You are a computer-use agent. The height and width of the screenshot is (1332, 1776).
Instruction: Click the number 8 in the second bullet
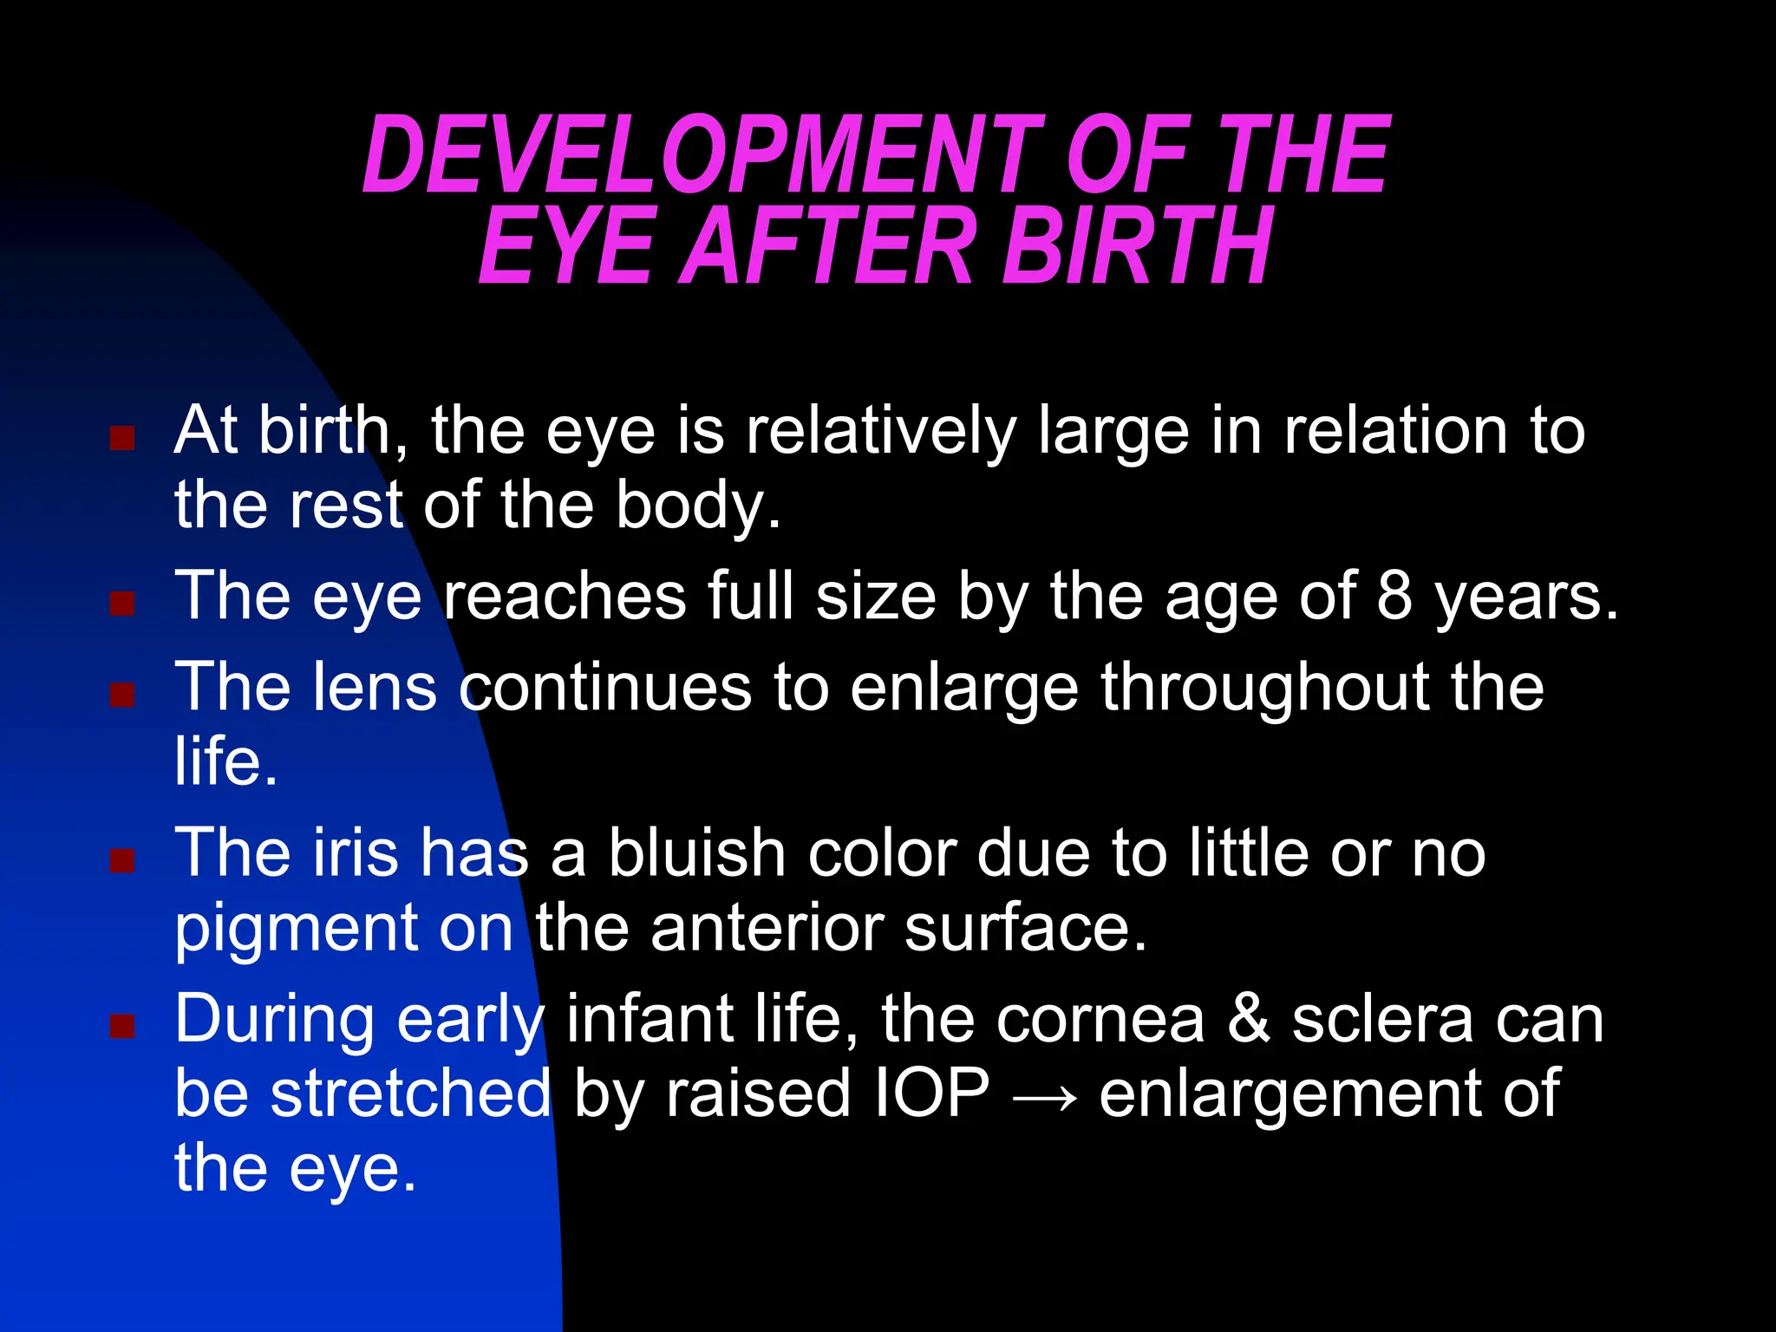(1394, 597)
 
